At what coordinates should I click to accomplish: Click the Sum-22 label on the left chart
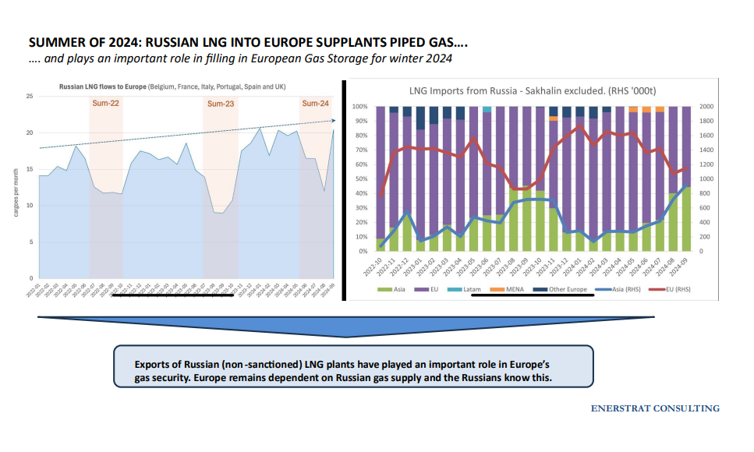point(104,104)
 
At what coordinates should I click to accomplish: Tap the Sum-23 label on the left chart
point(220,104)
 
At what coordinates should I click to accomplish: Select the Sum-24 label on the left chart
point(315,104)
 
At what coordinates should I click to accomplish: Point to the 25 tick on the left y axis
point(29,97)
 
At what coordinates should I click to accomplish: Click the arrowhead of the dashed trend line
point(334,121)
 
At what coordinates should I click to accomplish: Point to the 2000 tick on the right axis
point(706,107)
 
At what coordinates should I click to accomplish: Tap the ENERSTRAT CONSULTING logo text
point(655,408)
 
